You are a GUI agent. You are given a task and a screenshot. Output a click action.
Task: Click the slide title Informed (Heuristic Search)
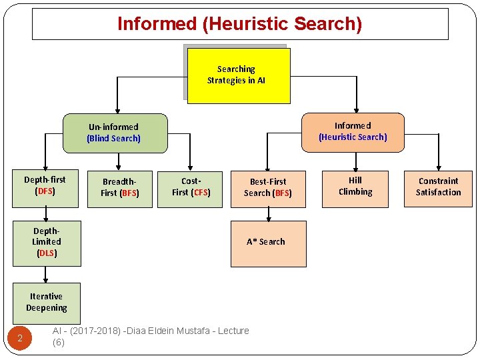[240, 24]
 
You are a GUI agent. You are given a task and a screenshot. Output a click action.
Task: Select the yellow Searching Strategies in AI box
[238, 75]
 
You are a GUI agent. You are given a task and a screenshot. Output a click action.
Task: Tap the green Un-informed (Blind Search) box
[114, 133]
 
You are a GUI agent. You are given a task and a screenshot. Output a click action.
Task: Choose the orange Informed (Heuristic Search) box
[353, 131]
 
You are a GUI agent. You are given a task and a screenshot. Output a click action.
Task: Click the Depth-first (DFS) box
[45, 185]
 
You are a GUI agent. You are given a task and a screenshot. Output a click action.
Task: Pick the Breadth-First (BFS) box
[120, 187]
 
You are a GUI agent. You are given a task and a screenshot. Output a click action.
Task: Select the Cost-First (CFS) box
[191, 187]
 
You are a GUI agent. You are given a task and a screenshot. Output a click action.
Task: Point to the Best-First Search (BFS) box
[268, 187]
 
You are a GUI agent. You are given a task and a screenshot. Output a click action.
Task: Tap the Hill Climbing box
[355, 186]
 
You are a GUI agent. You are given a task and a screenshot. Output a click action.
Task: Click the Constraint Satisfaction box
[438, 187]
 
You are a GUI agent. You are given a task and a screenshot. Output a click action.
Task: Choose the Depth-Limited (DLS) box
[47, 242]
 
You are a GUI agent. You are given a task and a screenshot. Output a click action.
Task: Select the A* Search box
[268, 243]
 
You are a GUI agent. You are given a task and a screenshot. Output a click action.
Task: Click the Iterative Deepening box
[47, 302]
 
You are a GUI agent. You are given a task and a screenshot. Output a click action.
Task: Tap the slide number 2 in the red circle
[20, 339]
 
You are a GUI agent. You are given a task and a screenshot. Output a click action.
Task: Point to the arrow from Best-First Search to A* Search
[268, 213]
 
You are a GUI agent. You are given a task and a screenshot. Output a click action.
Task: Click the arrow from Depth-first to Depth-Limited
[46, 213]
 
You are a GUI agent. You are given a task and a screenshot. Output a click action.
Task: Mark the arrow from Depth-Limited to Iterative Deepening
[46, 274]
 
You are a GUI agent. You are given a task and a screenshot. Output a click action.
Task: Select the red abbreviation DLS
[46, 253]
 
